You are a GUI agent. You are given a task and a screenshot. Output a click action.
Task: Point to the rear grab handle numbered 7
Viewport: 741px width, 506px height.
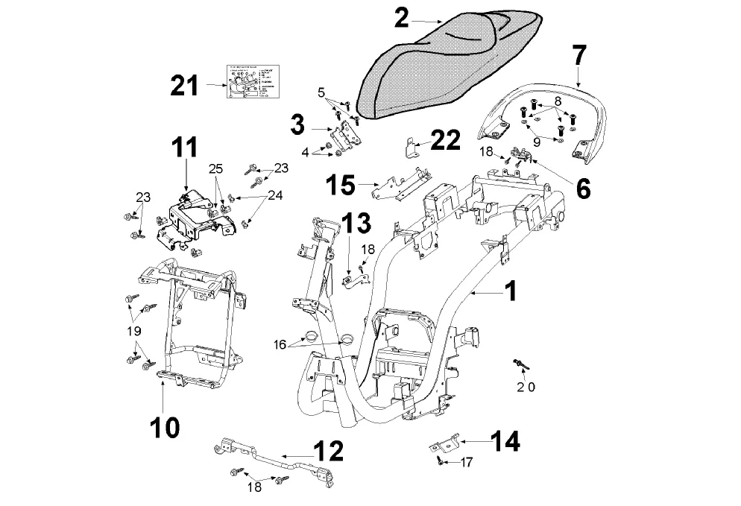(x=552, y=112)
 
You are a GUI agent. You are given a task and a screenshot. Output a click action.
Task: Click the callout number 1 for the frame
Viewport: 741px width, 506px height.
(x=510, y=292)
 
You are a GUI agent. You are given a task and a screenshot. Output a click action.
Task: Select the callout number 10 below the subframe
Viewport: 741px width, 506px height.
(x=163, y=426)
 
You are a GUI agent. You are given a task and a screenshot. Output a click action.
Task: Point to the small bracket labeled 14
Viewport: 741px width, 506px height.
(x=445, y=445)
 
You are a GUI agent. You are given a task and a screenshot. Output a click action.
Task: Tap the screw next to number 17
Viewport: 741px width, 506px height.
(x=441, y=463)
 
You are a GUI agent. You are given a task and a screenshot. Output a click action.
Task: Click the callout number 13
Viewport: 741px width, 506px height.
(x=356, y=224)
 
